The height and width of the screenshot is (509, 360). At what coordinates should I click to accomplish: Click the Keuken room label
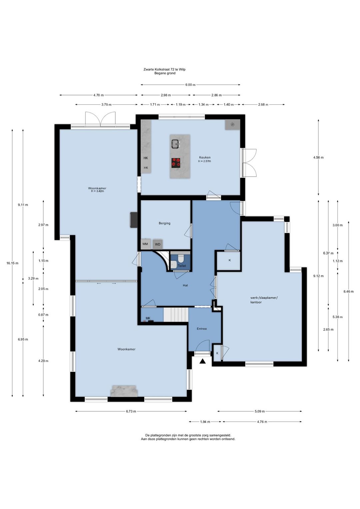205,157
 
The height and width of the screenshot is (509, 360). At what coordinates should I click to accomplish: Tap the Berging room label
164,223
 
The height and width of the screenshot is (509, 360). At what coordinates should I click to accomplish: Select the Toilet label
182,266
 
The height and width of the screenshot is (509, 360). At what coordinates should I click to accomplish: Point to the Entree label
202,329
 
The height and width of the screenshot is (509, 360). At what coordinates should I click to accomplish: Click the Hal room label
185,286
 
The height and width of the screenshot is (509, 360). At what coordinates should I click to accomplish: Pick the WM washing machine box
145,244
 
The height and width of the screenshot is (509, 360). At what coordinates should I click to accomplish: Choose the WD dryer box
158,244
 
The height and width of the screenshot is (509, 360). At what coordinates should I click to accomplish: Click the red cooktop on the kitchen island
176,163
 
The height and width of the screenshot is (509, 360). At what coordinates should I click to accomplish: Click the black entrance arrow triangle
202,361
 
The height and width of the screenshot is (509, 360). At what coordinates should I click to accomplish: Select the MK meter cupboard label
148,318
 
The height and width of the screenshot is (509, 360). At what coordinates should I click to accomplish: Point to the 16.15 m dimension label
12,263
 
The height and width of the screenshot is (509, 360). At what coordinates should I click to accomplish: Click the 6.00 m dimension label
190,85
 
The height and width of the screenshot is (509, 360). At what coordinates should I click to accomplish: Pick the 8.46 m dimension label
348,292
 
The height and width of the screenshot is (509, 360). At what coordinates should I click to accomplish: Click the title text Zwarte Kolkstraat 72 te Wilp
164,69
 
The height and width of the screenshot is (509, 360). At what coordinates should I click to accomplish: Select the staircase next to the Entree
176,315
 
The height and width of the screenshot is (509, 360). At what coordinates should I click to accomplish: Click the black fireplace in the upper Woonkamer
134,220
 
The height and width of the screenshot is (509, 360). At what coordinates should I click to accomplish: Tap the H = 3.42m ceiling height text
97,191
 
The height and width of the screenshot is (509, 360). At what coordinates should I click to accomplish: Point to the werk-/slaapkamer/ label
263,298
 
